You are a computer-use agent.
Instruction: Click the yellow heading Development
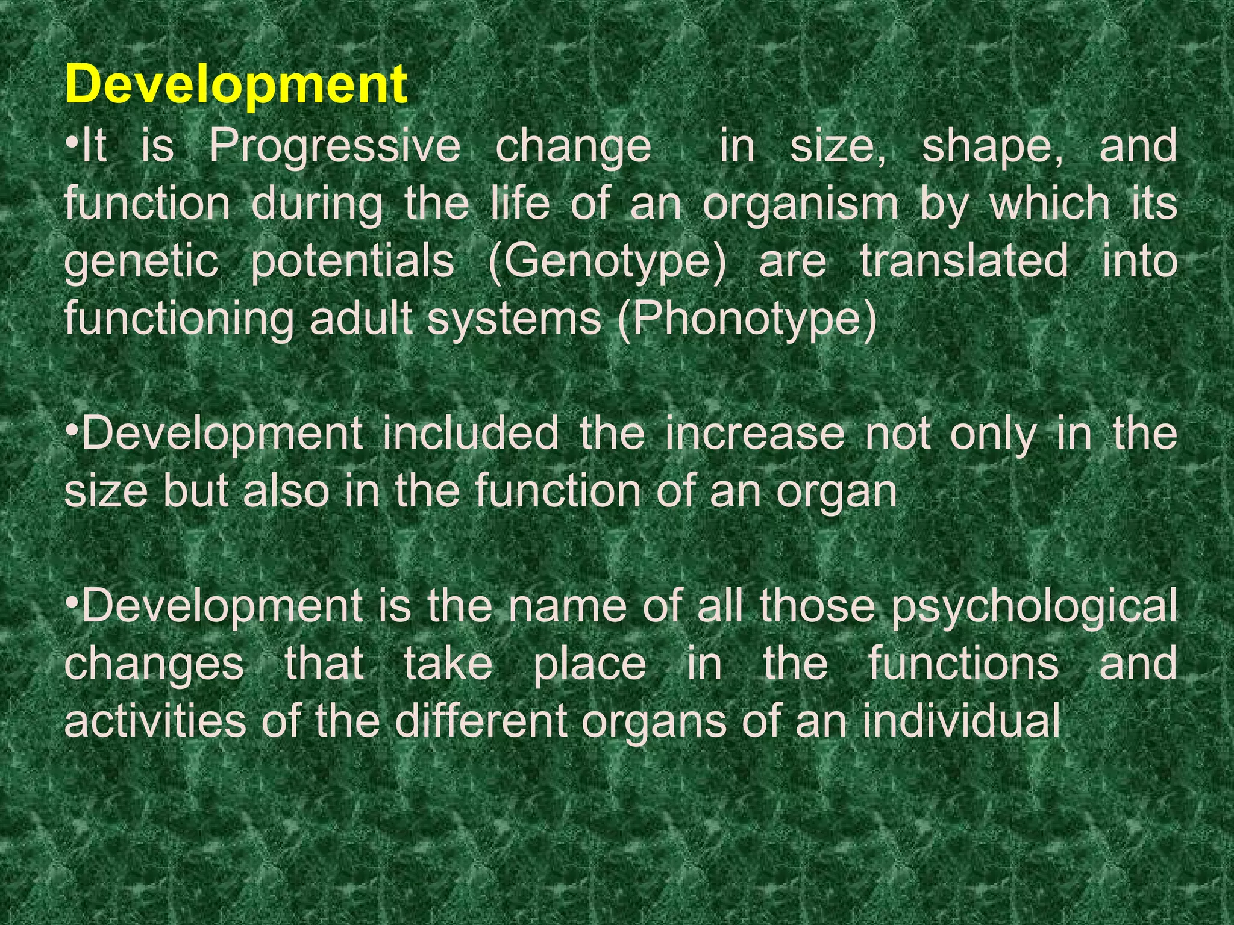coord(236,85)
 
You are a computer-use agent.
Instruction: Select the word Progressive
coord(334,146)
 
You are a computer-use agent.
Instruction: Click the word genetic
coord(141,262)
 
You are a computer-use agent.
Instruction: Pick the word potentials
coord(352,262)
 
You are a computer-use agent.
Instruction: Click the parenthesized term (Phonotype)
coord(747,319)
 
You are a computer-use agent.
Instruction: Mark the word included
coord(471,434)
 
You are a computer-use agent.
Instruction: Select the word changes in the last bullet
coord(154,664)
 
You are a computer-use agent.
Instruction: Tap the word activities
coord(155,721)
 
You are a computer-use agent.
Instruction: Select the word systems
coord(514,319)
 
